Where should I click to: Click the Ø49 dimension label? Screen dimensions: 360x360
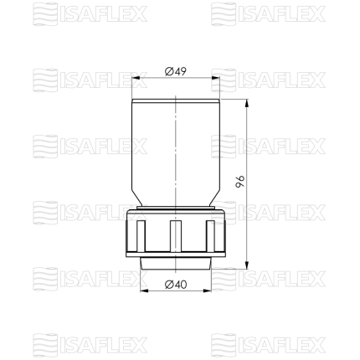[175, 71]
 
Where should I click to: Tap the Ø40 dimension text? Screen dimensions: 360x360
[176, 285]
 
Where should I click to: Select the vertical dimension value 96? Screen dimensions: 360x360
[240, 182]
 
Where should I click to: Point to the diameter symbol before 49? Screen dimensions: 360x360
[169, 72]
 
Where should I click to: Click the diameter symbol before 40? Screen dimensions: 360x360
[169, 285]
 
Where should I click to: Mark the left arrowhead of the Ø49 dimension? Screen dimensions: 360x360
[136, 78]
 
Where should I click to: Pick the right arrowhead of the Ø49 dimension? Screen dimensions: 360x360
[216, 78]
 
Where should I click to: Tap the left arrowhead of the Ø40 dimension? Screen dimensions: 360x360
[144, 291]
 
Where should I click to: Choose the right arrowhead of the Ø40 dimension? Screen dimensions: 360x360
[208, 291]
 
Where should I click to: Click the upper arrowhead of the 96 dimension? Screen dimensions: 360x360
[247, 103]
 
